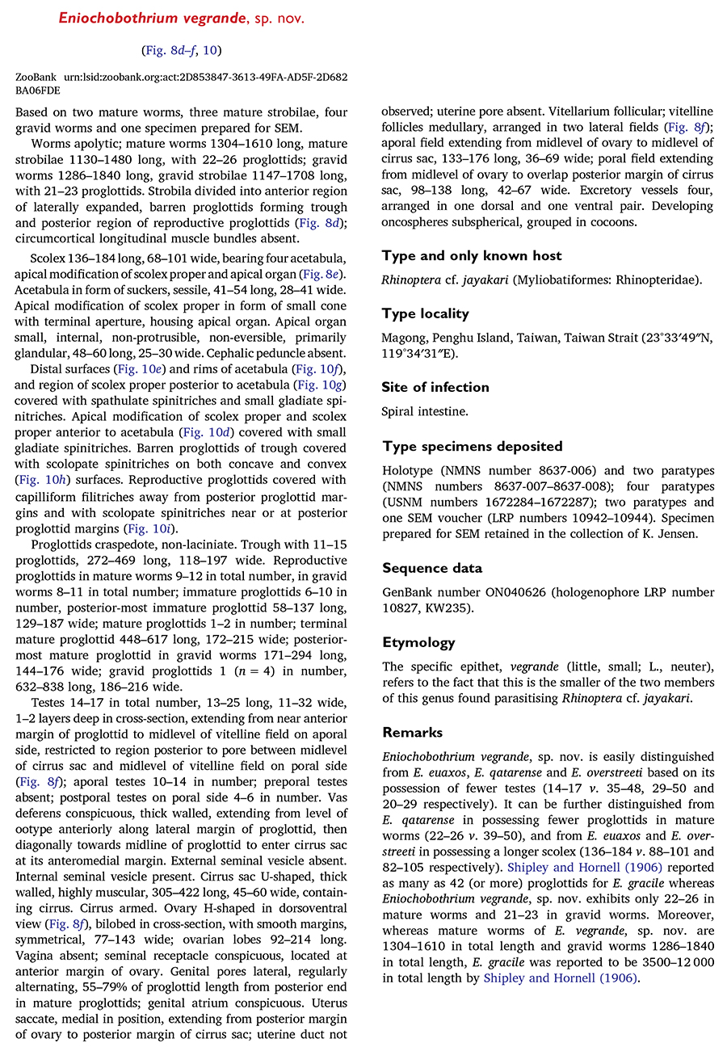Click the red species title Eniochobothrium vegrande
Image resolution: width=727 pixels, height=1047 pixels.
(x=172, y=19)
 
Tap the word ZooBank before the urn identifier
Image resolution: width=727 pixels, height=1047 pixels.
(x=37, y=77)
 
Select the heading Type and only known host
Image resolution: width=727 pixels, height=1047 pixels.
(x=472, y=255)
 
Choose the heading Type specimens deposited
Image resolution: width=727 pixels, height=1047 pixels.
(x=473, y=446)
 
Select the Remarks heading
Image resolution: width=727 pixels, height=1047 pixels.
(x=412, y=732)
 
